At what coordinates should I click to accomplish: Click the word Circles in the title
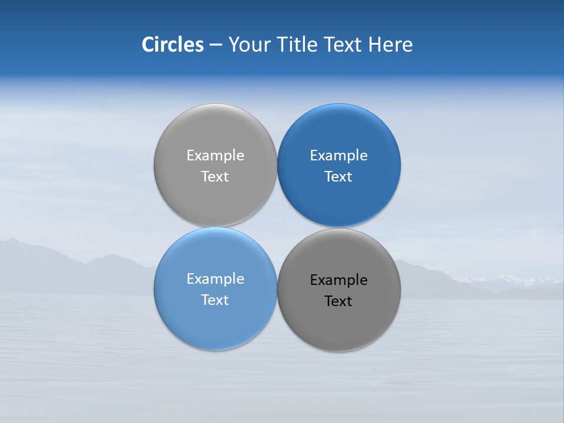click(x=173, y=45)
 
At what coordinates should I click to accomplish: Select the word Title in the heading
click(x=298, y=45)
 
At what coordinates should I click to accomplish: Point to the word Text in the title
click(x=343, y=45)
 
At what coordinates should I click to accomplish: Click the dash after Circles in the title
click(x=216, y=45)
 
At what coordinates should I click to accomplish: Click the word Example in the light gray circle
click(x=215, y=155)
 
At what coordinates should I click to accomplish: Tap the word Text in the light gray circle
click(x=215, y=176)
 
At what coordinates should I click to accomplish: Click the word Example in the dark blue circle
click(x=338, y=155)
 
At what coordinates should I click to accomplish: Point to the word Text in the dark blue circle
click(x=338, y=176)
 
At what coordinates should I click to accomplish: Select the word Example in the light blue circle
click(x=215, y=278)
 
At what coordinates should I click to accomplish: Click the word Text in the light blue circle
click(x=215, y=300)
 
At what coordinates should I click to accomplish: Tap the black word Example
click(x=338, y=280)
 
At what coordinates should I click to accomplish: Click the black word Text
click(x=338, y=301)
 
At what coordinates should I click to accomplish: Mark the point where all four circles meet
click(x=277, y=227)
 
